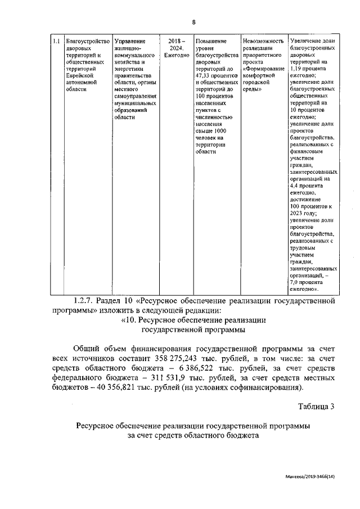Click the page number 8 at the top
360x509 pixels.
[x=193, y=22]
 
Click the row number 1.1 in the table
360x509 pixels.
[x=56, y=41]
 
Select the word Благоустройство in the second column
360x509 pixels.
[x=87, y=41]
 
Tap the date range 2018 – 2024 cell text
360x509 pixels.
[x=176, y=44]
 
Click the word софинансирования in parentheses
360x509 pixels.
[x=263, y=388]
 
